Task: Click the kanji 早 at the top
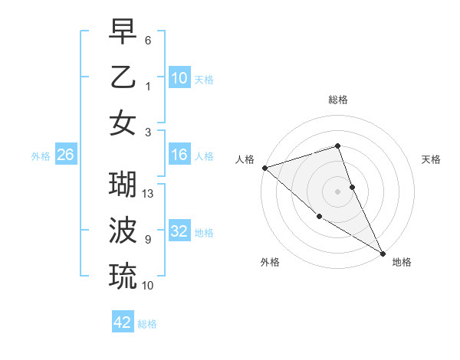[123, 33]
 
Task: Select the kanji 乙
[123, 78]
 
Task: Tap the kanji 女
[123, 123]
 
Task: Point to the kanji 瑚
[123, 185]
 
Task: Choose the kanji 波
[123, 230]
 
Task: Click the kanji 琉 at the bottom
[123, 275]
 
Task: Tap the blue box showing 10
[179, 78]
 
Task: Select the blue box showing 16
[179, 155]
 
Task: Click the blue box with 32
[179, 232]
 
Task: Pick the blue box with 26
[66, 155]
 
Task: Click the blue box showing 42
[123, 322]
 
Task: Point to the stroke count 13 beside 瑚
[149, 194]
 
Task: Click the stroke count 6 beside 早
[148, 40]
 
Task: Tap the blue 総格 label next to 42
[147, 323]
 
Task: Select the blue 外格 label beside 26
[41, 155]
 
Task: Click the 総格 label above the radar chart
[338, 100]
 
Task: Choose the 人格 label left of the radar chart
[245, 159]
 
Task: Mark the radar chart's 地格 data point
[383, 254]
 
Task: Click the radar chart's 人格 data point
[264, 168]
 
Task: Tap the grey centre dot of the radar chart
[338, 191]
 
